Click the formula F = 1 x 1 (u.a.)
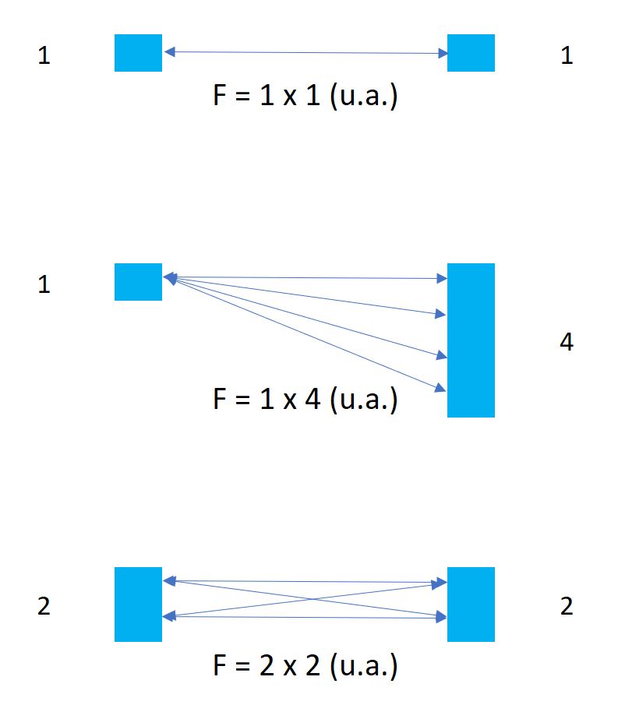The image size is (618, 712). (305, 98)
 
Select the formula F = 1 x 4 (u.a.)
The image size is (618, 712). (305, 400)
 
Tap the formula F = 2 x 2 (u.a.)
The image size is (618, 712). (305, 666)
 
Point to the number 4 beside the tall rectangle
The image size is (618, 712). (567, 341)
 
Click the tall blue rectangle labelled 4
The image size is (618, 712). (471, 340)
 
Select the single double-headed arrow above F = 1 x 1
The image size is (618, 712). (305, 53)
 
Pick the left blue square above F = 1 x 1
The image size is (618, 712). (138, 53)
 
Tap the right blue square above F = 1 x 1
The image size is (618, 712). (471, 53)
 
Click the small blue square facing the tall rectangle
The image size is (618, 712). (138, 282)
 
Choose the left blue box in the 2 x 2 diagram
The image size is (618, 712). (138, 604)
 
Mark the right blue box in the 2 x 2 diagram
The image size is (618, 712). (471, 604)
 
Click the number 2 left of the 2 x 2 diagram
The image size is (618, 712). (44, 606)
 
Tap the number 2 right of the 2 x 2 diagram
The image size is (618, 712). (567, 606)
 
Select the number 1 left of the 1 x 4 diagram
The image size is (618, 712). (44, 285)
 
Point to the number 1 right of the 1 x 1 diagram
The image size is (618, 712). (567, 56)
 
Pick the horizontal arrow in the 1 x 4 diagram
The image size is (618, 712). (305, 277)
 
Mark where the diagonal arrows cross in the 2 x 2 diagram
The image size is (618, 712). (305, 599)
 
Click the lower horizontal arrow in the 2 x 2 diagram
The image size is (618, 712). (305, 617)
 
